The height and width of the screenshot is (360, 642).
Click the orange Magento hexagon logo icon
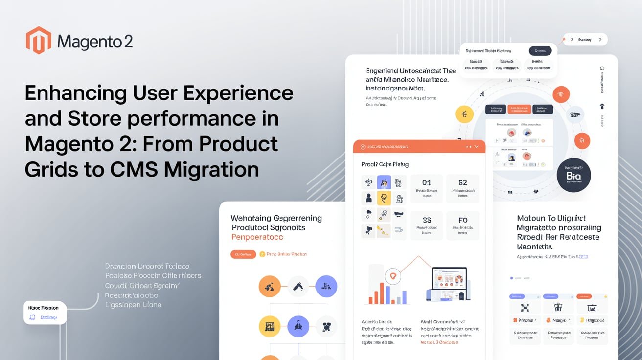39,40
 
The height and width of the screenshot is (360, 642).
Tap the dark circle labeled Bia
573,175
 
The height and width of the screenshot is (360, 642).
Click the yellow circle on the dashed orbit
464,114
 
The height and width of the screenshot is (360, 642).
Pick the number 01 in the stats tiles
427,183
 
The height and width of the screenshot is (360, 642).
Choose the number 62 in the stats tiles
462,183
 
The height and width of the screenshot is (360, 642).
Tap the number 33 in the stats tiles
427,220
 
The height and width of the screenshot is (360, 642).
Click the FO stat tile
462,225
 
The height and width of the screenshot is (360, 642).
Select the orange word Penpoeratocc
257,237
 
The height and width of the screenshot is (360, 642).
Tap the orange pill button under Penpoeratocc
243,254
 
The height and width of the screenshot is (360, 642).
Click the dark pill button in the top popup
540,51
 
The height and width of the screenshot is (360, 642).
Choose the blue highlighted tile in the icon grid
384,182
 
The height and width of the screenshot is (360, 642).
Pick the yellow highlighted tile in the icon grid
384,198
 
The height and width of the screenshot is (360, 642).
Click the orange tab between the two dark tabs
519,110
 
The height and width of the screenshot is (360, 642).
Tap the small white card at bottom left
45,313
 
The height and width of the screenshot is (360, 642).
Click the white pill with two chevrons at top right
585,40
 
